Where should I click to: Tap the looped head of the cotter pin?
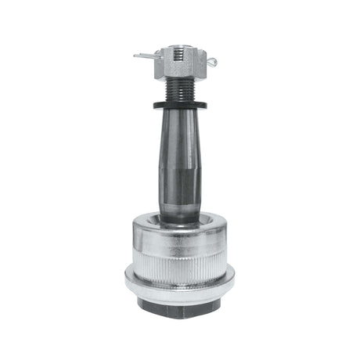pos(211,62)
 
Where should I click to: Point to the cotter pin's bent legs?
pos(144,56)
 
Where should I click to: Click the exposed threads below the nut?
pos(179,91)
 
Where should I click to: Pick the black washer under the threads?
pos(179,105)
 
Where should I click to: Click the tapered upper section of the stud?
pos(179,137)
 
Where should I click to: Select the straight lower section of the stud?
pos(179,196)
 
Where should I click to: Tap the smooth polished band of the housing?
pos(179,234)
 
